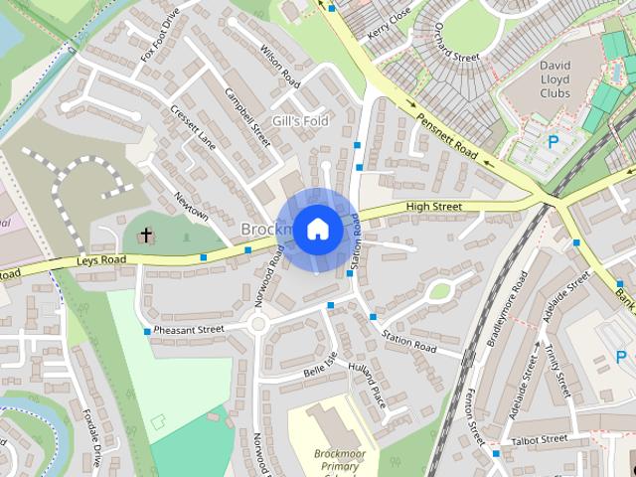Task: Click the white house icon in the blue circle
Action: (x=317, y=229)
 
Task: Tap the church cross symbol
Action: (x=147, y=236)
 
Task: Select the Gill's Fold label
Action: (x=300, y=120)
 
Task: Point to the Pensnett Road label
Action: (x=448, y=139)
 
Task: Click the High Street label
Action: (x=434, y=207)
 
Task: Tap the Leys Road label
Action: (x=102, y=261)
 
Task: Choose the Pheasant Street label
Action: (x=190, y=329)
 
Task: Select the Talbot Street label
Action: (x=538, y=438)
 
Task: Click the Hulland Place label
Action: (x=366, y=382)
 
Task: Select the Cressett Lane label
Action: (x=193, y=127)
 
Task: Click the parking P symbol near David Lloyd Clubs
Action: (x=553, y=142)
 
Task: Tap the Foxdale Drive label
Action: (x=92, y=438)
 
